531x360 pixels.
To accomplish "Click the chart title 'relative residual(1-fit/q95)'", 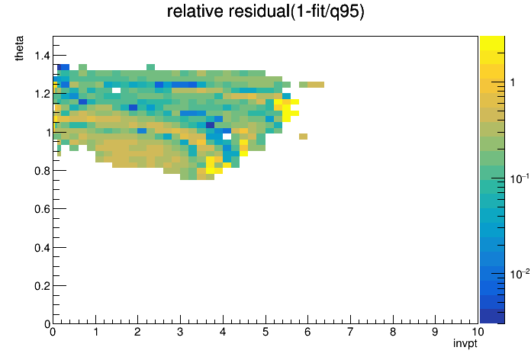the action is click(x=265, y=11).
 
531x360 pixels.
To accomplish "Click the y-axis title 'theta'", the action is click(x=19, y=48).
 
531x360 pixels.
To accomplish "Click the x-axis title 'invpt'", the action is click(x=465, y=343).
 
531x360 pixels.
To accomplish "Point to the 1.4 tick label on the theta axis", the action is click(x=42, y=55).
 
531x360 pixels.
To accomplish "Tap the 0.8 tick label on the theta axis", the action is click(x=42, y=171).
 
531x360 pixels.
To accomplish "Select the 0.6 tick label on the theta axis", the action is click(x=42, y=209).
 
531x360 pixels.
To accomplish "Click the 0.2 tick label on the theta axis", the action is click(x=42, y=286).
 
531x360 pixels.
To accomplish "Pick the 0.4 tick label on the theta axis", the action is click(x=42, y=248).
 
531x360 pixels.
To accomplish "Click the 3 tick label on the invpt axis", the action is click(x=180, y=332).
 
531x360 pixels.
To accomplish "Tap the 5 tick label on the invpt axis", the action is click(x=265, y=332).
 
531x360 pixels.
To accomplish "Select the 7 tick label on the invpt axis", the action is click(x=350, y=332).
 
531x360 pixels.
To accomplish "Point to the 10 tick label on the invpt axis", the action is click(x=478, y=332).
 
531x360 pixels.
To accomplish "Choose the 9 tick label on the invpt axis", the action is click(x=435, y=332).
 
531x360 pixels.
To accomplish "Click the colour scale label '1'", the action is click(x=513, y=82).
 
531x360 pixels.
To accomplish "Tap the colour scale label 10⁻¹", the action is click(x=520, y=178).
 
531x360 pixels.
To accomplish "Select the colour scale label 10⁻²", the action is click(x=520, y=273).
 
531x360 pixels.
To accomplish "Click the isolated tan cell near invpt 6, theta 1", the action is click(x=303, y=137).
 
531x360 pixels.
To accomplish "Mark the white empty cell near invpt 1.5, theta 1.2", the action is click(x=116, y=91).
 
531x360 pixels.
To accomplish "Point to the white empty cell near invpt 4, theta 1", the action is click(x=227, y=137).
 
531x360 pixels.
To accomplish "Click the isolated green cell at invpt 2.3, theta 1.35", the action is click(x=151, y=67).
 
